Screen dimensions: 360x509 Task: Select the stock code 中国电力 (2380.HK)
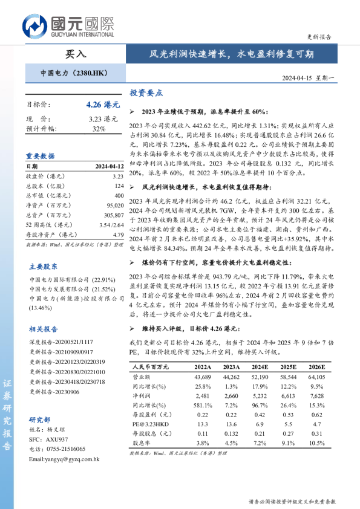pos(74,73)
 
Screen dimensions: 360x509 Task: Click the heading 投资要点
pos(146,93)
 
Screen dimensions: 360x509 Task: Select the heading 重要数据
pos(40,155)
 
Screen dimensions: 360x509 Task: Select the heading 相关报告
pos(44,329)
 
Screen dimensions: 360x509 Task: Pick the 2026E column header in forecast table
pos(316,367)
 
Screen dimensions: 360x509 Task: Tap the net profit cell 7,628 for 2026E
pos(316,395)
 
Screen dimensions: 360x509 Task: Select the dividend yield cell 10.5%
pos(316,443)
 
